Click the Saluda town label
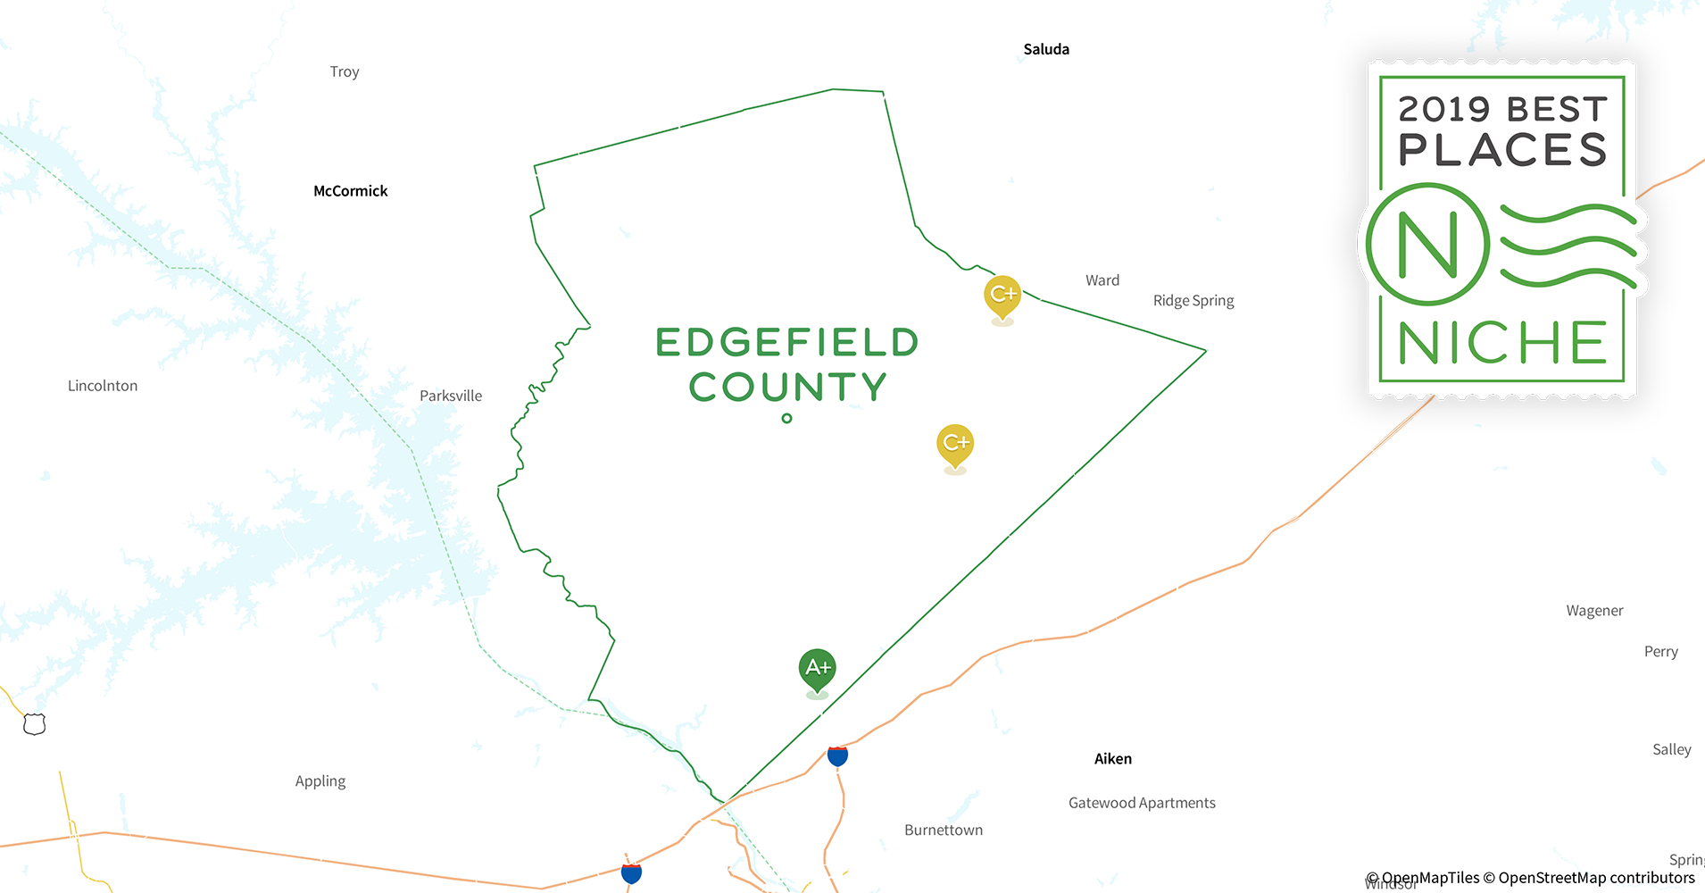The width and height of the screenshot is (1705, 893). [1046, 49]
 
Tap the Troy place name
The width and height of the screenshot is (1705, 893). [345, 71]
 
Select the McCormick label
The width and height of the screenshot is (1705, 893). [351, 191]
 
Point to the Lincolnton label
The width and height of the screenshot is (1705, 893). [103, 386]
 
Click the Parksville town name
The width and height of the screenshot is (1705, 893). [451, 396]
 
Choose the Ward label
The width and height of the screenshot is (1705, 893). [1102, 280]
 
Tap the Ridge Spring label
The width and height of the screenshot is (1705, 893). [1193, 301]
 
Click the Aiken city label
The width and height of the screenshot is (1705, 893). [1113, 759]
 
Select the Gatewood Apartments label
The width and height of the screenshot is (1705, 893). [1142, 803]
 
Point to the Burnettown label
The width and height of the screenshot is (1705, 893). [944, 830]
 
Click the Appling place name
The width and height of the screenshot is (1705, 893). [320, 781]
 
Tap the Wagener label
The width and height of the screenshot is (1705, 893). [1594, 611]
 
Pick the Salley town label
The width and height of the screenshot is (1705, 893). [1671, 750]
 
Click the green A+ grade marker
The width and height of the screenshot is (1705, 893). [818, 668]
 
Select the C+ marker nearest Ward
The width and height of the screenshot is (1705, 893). [1002, 294]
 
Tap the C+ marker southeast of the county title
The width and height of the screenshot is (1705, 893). [955, 443]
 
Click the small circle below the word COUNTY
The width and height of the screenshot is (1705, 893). [786, 418]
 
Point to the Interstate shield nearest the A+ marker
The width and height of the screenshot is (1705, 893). [837, 756]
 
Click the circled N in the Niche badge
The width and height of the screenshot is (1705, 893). [1428, 245]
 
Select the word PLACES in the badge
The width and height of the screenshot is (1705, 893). [1502, 150]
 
